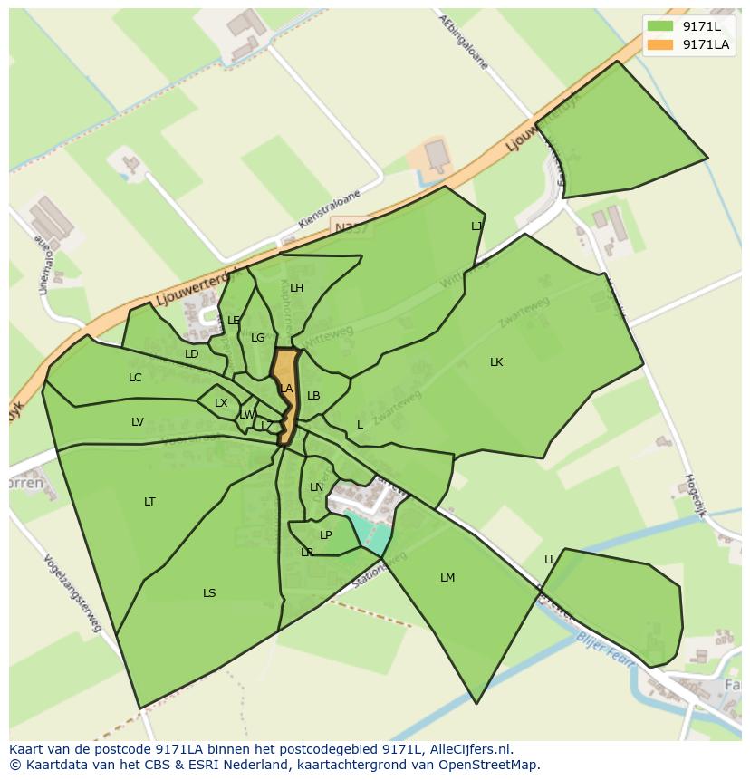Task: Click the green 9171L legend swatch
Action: pos(661,26)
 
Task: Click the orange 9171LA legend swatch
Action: pos(661,44)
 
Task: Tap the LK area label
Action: pos(496,362)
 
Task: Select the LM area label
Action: pos(447,578)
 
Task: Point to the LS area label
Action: pos(209,593)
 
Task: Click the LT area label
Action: pos(149,502)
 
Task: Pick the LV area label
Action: pos(138,422)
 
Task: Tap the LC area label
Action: pos(135,378)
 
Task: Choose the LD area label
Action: pos(191,354)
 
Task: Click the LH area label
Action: pos(296,289)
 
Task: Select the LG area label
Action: pos(258,338)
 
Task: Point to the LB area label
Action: pos(313,396)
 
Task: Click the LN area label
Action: pos(316,487)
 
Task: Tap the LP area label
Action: pos(326,535)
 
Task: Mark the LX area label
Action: pos(221,403)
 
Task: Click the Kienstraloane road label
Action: pos(329,209)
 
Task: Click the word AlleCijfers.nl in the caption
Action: pos(469,749)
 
